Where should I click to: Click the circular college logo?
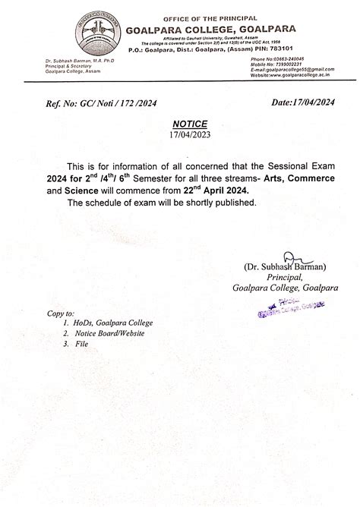(97, 39)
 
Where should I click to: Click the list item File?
(81, 344)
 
